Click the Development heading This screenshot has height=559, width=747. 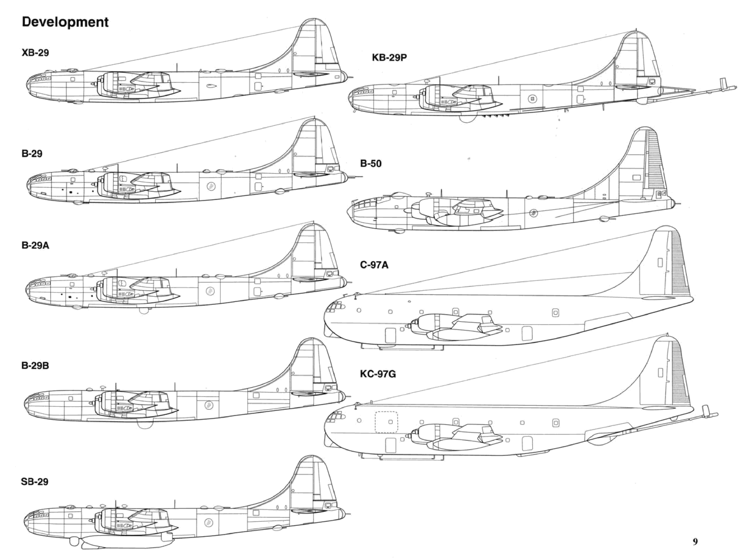click(x=65, y=22)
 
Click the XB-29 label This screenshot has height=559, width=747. click(x=35, y=53)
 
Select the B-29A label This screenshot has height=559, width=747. click(x=35, y=246)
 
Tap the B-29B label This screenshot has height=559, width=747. click(x=35, y=366)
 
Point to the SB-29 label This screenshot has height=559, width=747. click(x=34, y=482)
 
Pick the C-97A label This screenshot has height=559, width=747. click(x=374, y=265)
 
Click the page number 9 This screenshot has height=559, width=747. click(x=695, y=542)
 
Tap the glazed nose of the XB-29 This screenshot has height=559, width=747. click(x=37, y=81)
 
